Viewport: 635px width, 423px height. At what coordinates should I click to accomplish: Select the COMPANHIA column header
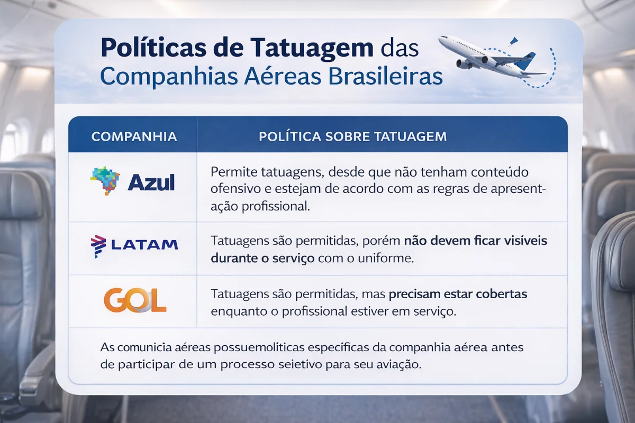point(134,136)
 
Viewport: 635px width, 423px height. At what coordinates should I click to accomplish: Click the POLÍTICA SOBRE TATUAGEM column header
point(353,136)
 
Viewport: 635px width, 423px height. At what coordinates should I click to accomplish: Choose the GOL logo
point(134,301)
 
